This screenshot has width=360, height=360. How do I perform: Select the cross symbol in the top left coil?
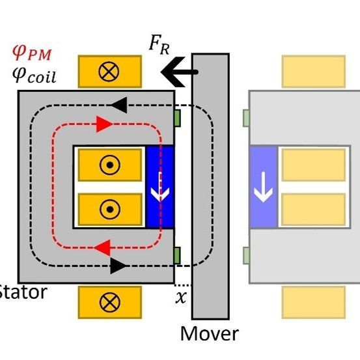(109, 72)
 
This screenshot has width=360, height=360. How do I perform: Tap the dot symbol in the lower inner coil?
(109, 209)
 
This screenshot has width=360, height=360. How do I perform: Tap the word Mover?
(209, 335)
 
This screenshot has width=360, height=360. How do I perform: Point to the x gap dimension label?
(182, 299)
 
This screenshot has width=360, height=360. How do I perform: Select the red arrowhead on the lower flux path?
(103, 246)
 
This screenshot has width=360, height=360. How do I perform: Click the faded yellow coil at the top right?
(312, 71)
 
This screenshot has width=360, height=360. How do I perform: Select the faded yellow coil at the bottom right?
(312, 302)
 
